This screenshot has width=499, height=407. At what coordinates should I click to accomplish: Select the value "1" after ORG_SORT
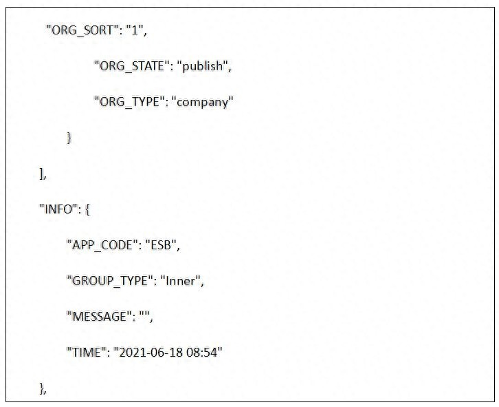135,30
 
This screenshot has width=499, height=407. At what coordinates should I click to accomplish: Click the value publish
202,66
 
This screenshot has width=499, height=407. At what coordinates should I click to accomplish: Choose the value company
202,103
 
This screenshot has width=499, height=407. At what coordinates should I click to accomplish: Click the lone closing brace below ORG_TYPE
69,138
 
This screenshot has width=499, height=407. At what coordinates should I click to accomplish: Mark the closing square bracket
41,174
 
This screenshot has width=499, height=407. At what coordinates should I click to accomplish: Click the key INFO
58,209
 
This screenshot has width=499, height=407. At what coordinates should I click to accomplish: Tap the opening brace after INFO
87,210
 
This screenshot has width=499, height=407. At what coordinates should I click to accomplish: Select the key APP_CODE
102,246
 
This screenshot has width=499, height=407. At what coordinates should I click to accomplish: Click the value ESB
161,245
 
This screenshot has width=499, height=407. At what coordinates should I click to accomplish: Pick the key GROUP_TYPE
110,282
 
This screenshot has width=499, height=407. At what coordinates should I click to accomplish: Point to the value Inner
181,281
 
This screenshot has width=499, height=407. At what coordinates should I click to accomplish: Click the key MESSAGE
99,317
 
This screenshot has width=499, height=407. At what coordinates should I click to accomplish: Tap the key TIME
86,353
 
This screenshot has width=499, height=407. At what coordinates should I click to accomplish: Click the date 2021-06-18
151,353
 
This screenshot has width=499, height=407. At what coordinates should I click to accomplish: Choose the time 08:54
202,353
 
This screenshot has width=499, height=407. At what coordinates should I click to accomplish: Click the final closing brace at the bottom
42,388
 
